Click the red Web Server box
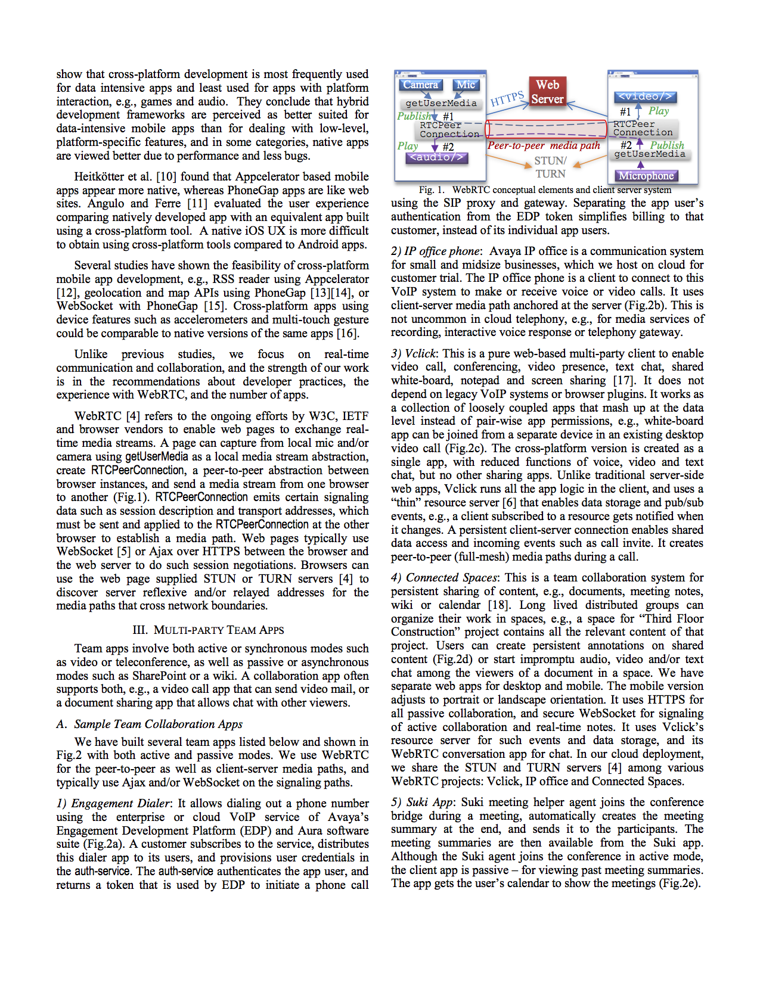[x=547, y=92]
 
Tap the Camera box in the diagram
[x=421, y=85]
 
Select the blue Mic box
[x=466, y=85]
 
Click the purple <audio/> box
[x=436, y=158]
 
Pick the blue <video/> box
[x=645, y=97]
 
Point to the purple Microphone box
[x=646, y=176]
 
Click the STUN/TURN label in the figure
[x=550, y=167]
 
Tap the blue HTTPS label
[x=507, y=98]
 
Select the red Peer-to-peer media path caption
[x=544, y=145]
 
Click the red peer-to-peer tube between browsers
[x=545, y=129]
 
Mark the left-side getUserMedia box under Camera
[x=441, y=103]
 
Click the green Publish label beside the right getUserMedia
[x=667, y=145]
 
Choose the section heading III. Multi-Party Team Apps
[x=208, y=630]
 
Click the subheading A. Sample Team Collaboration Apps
[x=150, y=724]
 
